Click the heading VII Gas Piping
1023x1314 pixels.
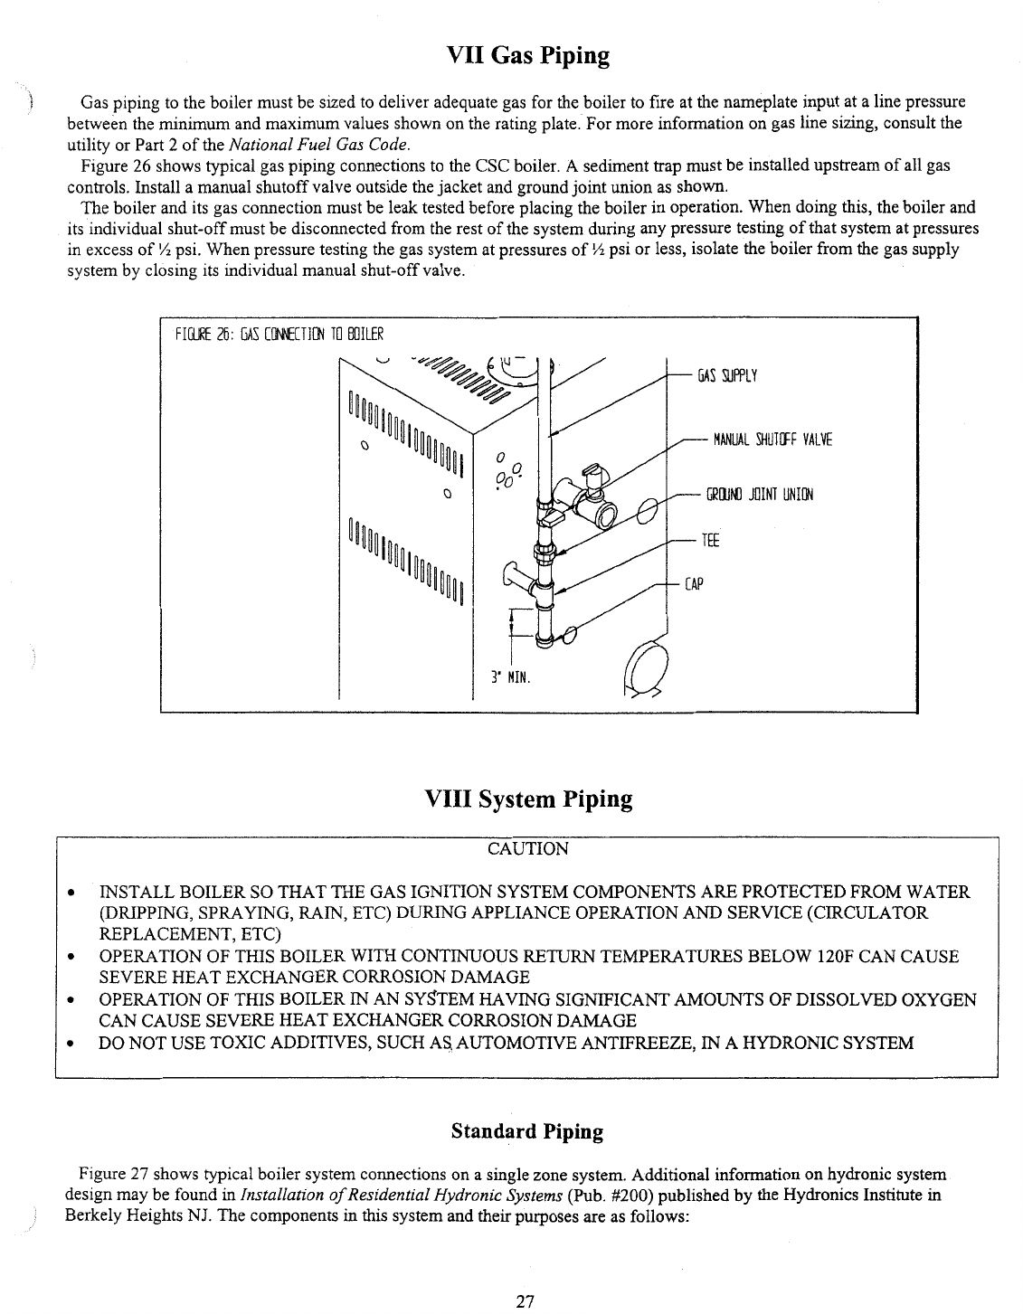(528, 56)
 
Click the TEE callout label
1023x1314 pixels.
(709, 541)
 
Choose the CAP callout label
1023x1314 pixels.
(694, 584)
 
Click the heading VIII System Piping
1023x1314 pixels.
(528, 799)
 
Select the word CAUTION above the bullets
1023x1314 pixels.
(528, 848)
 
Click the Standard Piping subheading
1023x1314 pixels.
(526, 1131)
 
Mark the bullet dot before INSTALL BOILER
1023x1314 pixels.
(71, 893)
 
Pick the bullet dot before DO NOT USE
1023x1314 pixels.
(71, 1044)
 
